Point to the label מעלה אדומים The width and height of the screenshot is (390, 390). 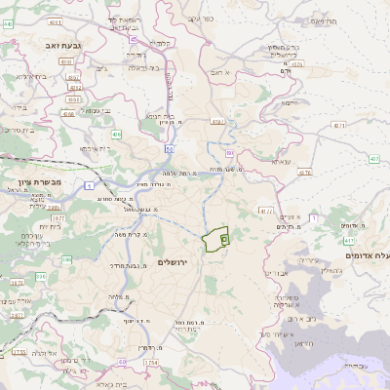tap(366, 254)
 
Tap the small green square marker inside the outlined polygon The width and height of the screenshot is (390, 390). tap(224, 238)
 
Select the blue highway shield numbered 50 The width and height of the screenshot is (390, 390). tap(170, 148)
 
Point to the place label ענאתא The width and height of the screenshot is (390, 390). tap(282, 161)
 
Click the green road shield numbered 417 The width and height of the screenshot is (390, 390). tap(349, 238)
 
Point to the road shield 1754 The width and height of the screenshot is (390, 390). tap(151, 363)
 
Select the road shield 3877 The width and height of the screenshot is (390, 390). tap(17, 315)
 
